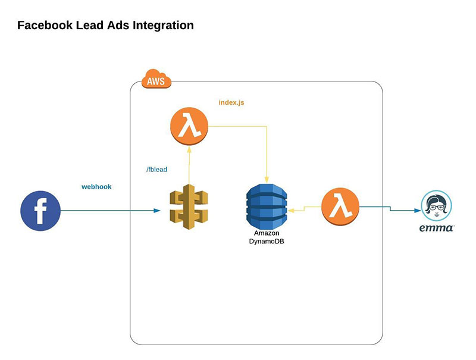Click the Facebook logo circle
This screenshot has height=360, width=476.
[40, 211]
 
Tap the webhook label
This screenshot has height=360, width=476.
[96, 187]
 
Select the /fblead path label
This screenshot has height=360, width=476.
[157, 170]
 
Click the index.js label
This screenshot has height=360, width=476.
[231, 102]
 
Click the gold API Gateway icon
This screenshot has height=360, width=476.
[189, 204]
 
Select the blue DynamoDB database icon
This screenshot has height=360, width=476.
[266, 204]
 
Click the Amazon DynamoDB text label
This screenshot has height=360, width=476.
[266, 237]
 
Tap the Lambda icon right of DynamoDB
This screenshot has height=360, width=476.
[340, 206]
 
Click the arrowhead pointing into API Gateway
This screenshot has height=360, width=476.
[158, 211]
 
